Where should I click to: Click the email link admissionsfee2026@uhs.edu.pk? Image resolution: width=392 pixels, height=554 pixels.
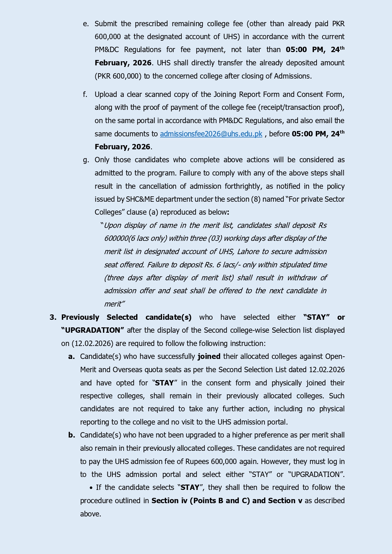pos(211,134)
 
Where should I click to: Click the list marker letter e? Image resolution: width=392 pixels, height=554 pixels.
pos(86,24)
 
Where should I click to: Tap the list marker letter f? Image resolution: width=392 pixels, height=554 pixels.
pos(85,94)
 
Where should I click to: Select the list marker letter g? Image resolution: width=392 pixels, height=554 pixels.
pos(86,160)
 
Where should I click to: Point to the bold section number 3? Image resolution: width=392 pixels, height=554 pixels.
pos(53,317)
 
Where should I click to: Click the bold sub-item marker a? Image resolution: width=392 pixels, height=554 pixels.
pos(71,356)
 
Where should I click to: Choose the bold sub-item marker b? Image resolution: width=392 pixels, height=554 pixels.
pos(72,435)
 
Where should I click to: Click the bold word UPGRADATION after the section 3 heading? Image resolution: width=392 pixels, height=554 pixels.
pos(93,330)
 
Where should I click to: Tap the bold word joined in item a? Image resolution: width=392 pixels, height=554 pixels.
pos(209,356)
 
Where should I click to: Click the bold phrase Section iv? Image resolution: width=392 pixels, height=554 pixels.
pos(169,501)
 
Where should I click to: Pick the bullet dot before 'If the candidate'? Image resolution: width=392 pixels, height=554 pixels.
pos(91,488)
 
